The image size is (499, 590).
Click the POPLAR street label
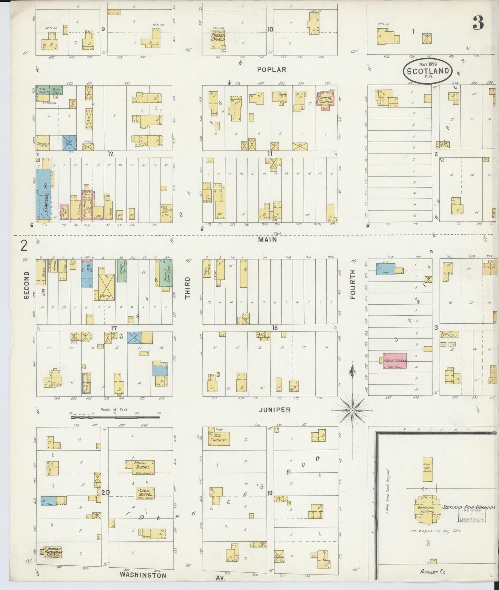click(272, 70)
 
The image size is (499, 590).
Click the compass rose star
click(352, 411)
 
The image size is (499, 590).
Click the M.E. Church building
click(219, 438)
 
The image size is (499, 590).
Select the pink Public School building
click(394, 361)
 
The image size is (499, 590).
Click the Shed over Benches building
click(428, 470)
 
